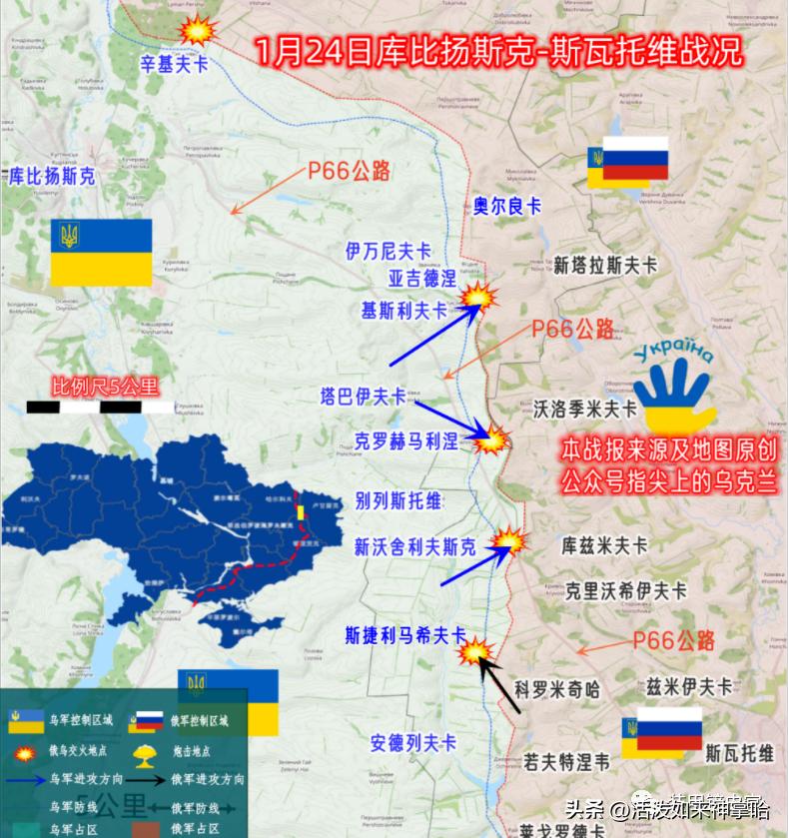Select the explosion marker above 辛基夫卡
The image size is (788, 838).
[200, 29]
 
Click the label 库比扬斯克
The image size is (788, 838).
[52, 177]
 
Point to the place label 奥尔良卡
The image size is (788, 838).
[506, 206]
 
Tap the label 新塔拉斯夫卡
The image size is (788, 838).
[605, 266]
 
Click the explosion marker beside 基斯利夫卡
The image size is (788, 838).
[481, 298]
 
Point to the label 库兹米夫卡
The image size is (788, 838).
[605, 546]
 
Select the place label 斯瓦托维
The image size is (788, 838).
[739, 751]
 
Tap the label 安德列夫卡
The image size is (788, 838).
[412, 743]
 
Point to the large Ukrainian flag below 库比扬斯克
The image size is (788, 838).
[102, 252]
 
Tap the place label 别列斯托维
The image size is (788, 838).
[398, 501]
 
